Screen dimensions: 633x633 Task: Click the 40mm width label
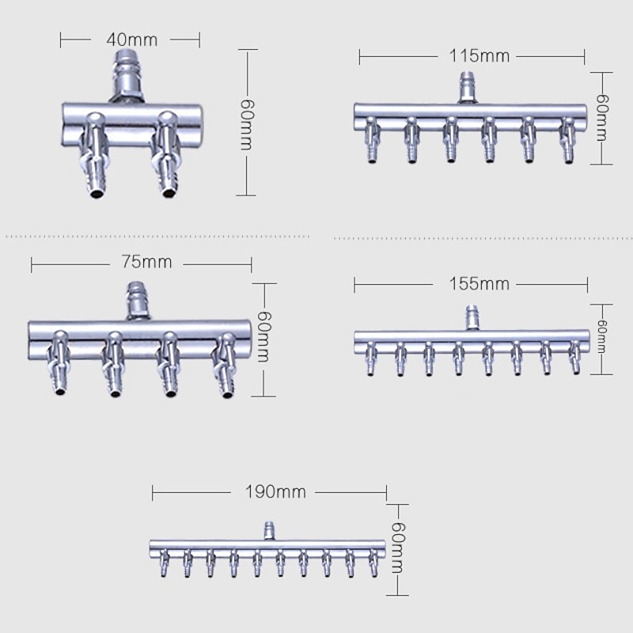pos(132,40)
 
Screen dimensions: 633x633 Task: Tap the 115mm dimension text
pos(479,56)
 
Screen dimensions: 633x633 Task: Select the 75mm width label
pos(146,262)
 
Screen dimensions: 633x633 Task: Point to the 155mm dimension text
pos(479,284)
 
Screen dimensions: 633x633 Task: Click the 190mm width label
pos(275,492)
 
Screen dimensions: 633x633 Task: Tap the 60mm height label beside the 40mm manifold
pos(246,124)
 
